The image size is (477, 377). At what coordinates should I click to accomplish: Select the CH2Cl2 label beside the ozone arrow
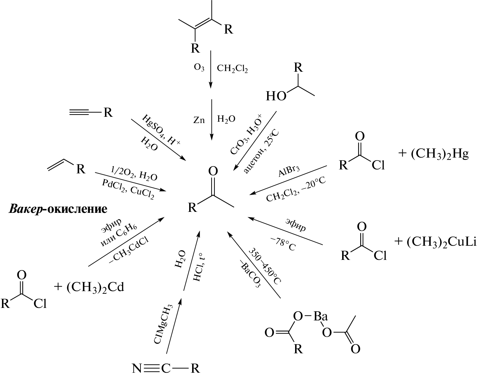point(232,68)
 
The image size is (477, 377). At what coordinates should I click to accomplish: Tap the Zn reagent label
point(199,120)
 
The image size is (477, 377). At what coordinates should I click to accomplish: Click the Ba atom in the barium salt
point(320,316)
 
